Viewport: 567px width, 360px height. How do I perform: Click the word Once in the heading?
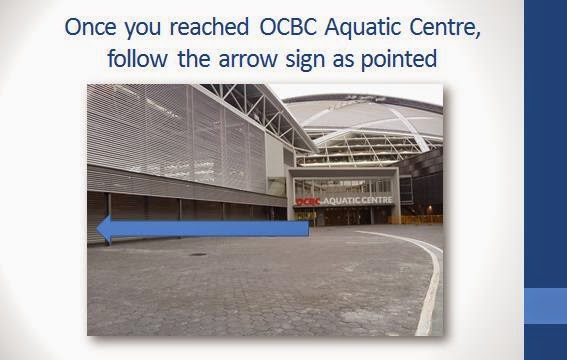90,27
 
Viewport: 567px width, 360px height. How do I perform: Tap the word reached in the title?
209,27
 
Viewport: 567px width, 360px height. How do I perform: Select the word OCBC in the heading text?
288,27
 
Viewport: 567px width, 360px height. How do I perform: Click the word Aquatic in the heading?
363,27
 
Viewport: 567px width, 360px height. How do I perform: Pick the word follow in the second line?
137,58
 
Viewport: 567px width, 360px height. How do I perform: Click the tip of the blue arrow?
97,229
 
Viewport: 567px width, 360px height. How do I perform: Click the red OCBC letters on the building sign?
308,202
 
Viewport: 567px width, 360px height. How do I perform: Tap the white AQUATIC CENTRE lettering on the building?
357,200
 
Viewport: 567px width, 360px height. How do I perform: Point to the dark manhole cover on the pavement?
198,254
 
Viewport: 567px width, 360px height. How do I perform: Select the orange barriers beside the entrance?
415,219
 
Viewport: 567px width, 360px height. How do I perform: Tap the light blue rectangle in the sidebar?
546,305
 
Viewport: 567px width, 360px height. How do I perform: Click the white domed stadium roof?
365,117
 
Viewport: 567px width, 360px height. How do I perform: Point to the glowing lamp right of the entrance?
430,208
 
